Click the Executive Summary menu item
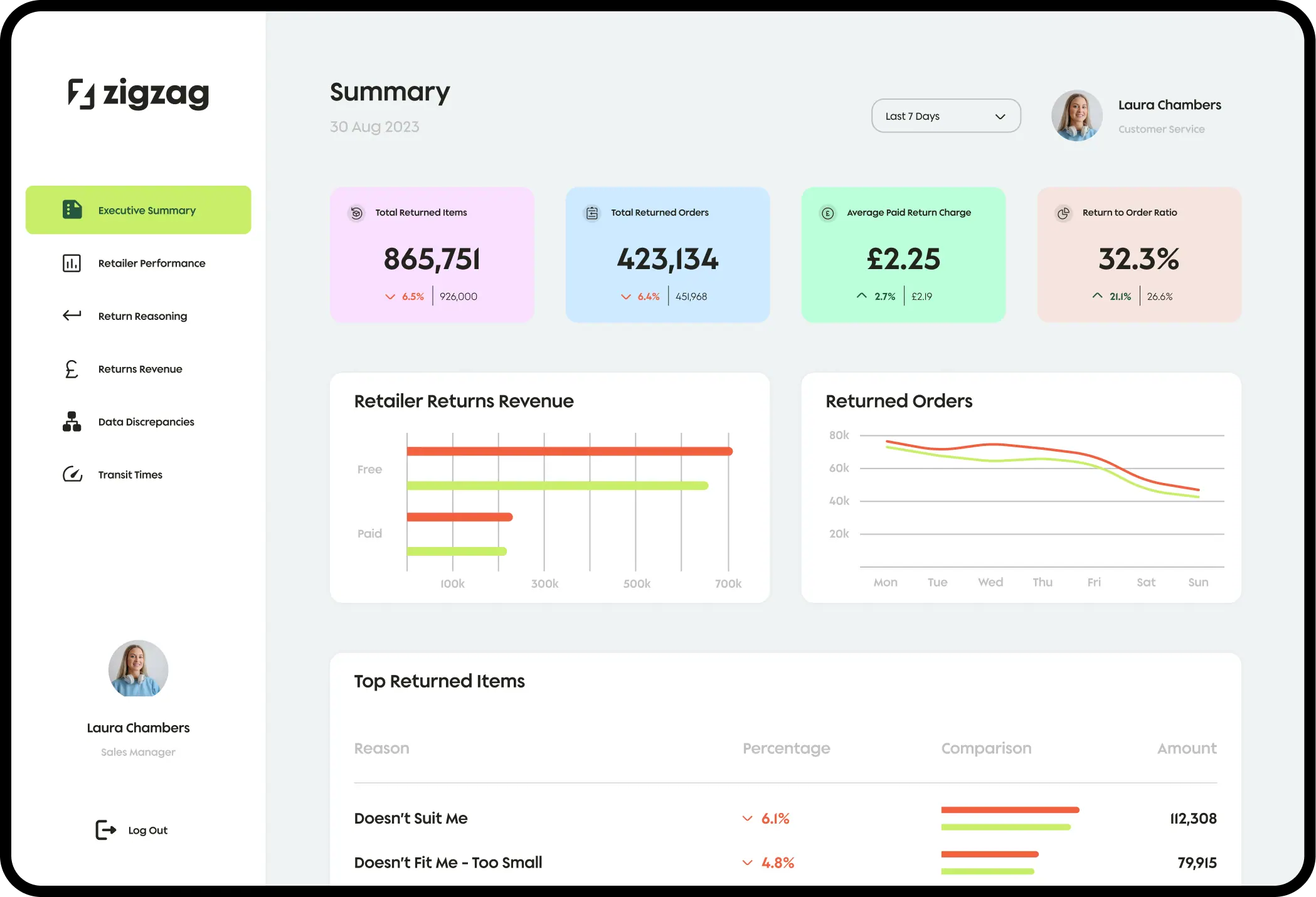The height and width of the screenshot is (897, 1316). click(x=139, y=210)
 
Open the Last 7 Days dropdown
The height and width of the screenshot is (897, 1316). click(x=945, y=116)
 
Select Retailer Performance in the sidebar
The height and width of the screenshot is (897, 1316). click(x=151, y=263)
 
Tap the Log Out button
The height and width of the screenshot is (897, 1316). click(x=132, y=830)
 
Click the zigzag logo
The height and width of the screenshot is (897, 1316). click(x=139, y=94)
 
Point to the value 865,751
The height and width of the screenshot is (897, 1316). click(x=432, y=259)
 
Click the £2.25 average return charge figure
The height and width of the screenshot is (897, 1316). click(x=903, y=259)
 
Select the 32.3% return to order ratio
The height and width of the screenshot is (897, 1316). click(x=1138, y=259)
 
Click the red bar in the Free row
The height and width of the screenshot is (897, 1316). click(x=569, y=451)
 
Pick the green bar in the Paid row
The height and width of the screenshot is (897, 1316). click(x=457, y=551)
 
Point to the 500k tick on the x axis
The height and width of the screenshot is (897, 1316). click(x=637, y=584)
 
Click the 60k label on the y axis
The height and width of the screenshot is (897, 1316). click(x=839, y=468)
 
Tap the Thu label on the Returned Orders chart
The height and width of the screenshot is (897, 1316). click(x=1043, y=583)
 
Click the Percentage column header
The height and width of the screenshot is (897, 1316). click(x=786, y=748)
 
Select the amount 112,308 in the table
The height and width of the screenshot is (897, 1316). click(x=1193, y=819)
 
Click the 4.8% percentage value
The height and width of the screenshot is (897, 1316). click(x=777, y=863)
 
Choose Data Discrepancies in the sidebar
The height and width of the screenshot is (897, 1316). click(x=146, y=422)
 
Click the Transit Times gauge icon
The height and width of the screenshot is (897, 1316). click(x=72, y=474)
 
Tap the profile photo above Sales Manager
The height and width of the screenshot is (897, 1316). click(x=138, y=669)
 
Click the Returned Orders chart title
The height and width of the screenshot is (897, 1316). click(x=898, y=401)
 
